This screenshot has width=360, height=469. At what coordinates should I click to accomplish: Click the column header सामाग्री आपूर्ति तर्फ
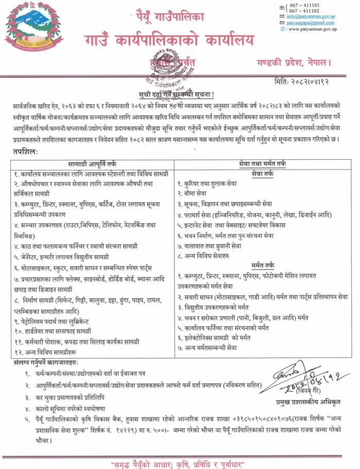92,163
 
